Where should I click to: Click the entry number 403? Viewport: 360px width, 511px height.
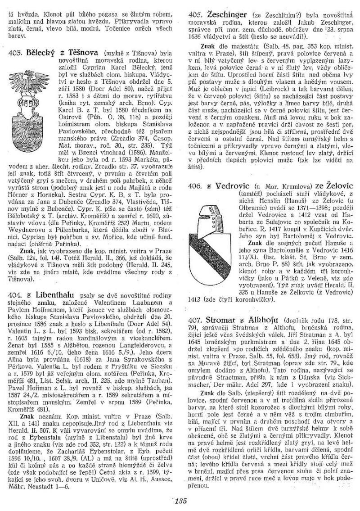tap(16, 54)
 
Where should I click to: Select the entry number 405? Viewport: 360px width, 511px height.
tap(196, 15)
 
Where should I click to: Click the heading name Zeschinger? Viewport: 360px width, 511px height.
tap(229, 15)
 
